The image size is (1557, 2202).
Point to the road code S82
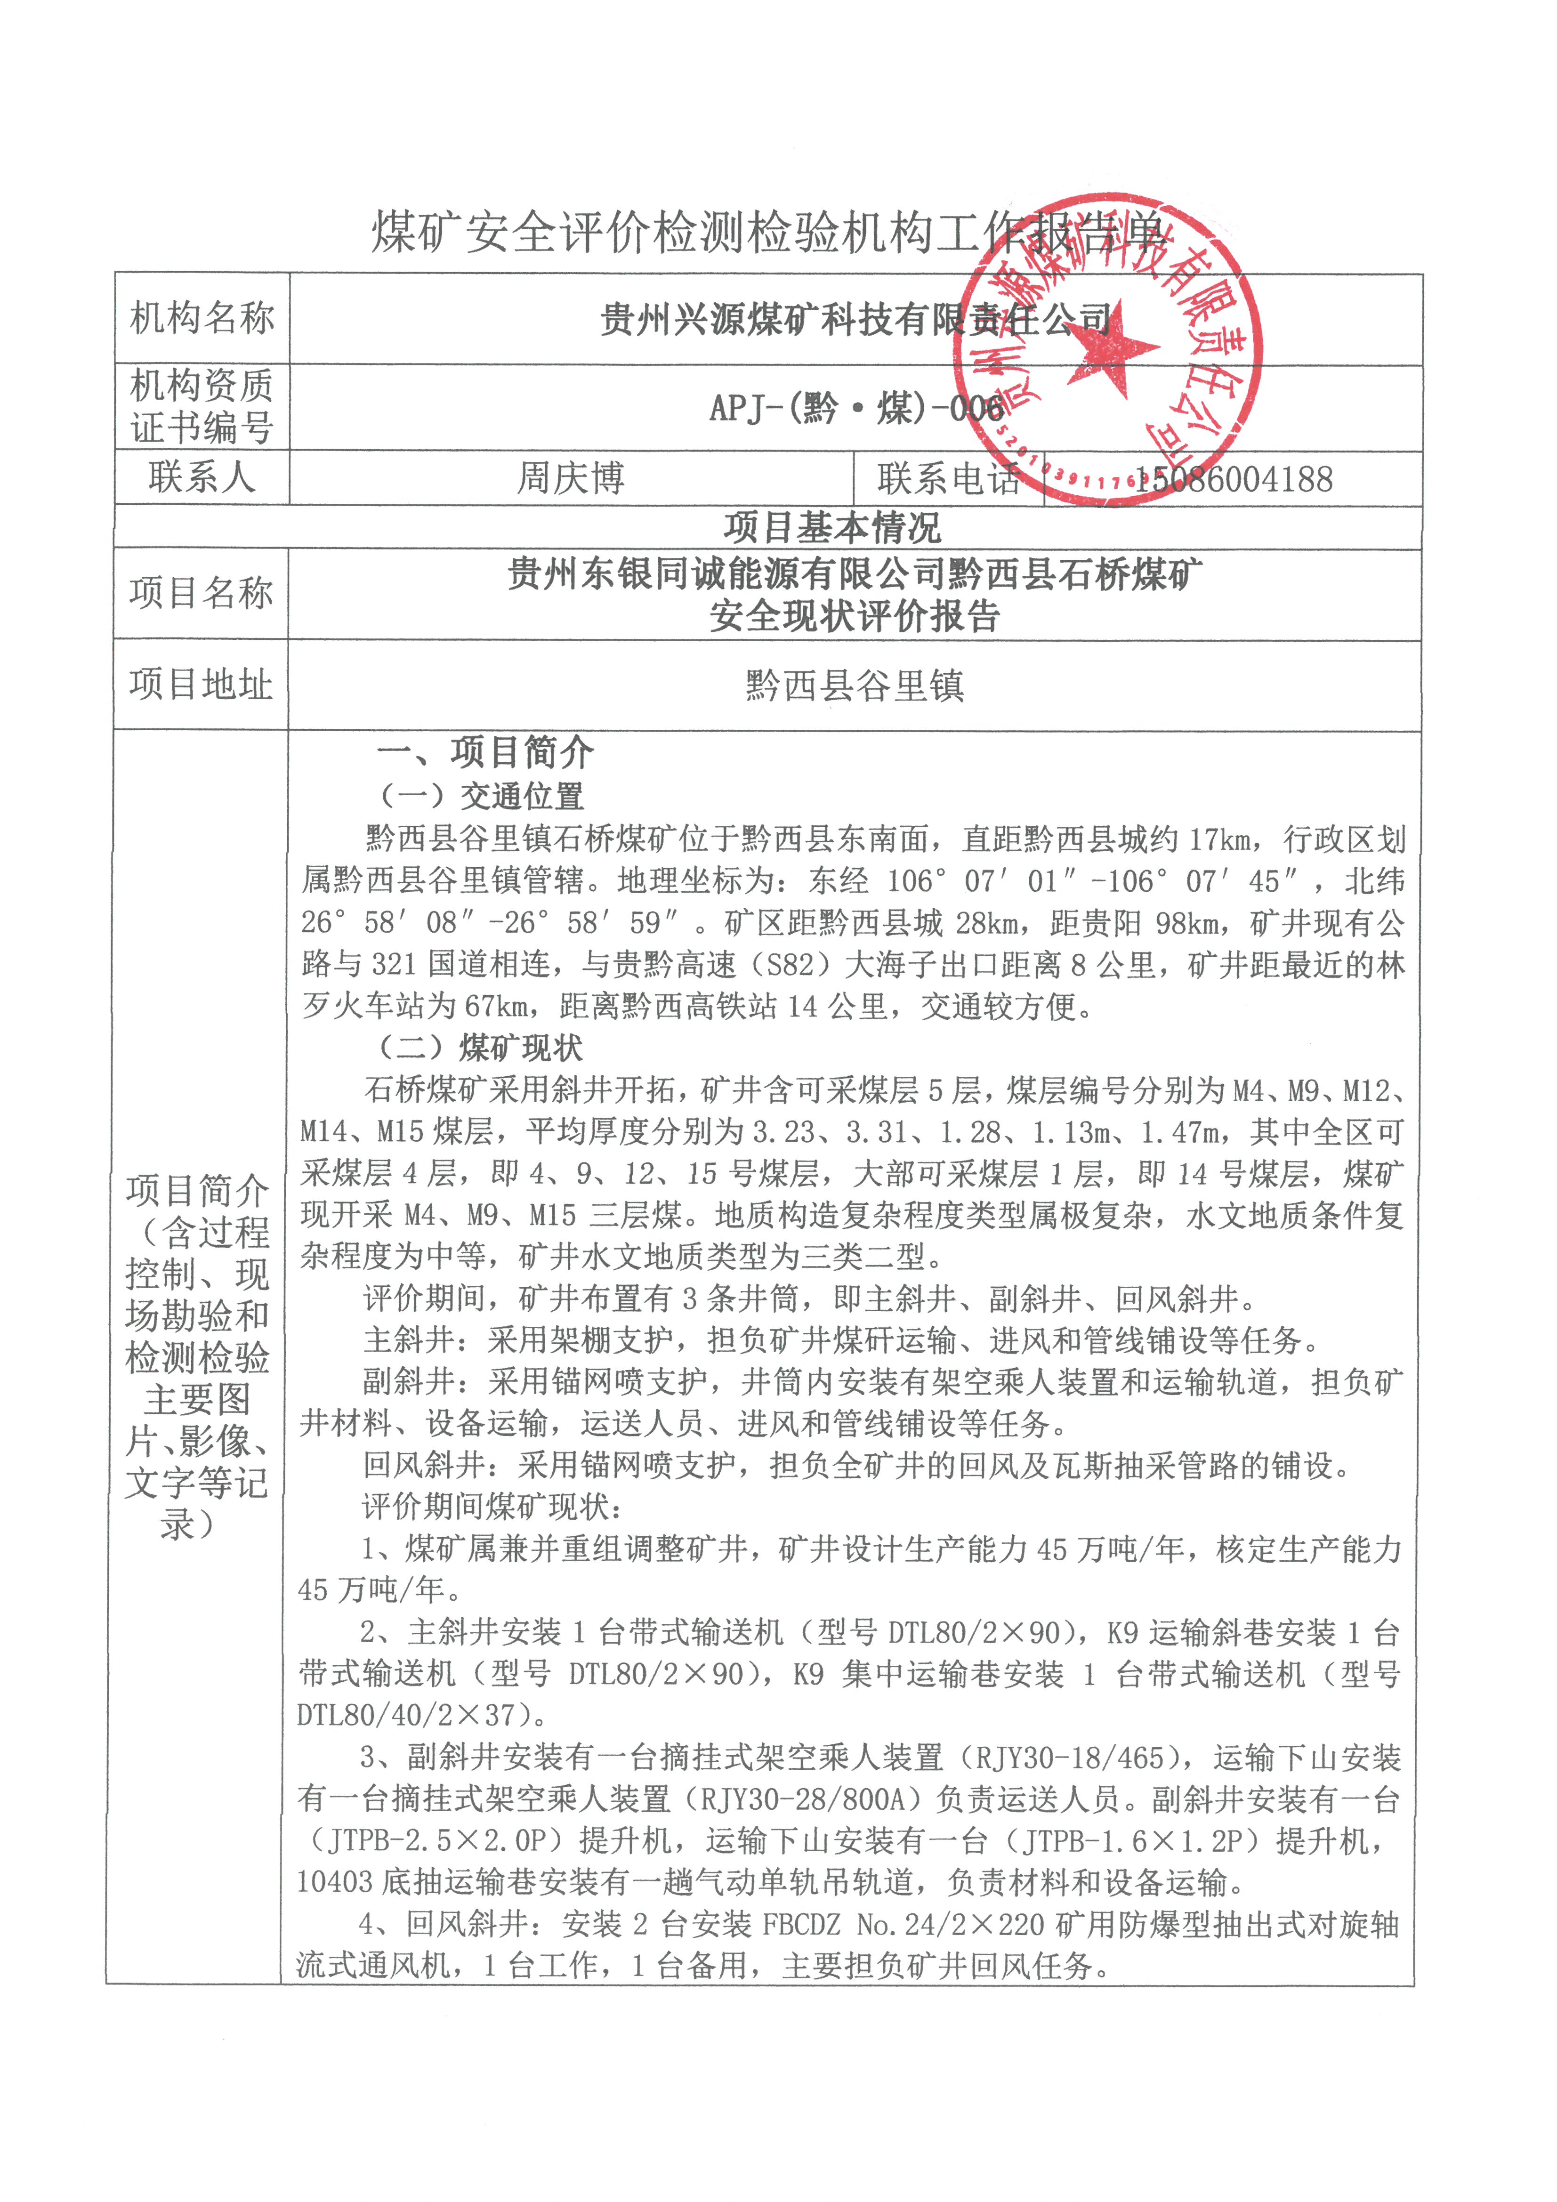[x=791, y=965]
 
